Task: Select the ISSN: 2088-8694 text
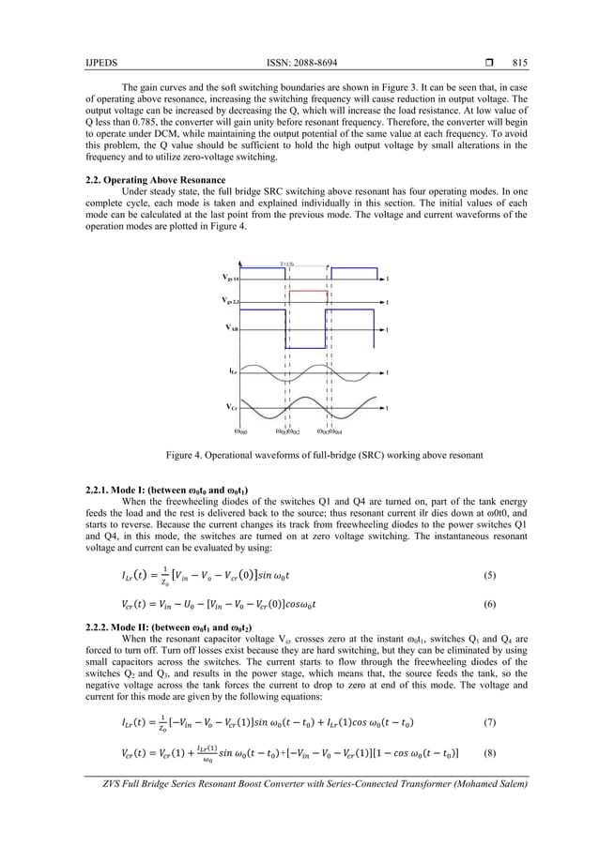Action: pos(299,63)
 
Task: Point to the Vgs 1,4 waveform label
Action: pos(230,279)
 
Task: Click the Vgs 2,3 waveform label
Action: pos(230,301)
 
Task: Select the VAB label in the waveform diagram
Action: pos(231,327)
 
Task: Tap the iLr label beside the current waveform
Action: pos(232,371)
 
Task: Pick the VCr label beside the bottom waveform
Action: pos(231,407)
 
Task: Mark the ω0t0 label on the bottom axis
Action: pos(241,431)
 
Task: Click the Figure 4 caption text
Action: pos(324,455)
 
